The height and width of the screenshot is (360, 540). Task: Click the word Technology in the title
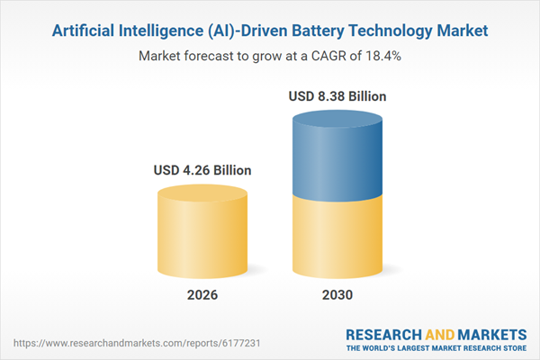point(387,31)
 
